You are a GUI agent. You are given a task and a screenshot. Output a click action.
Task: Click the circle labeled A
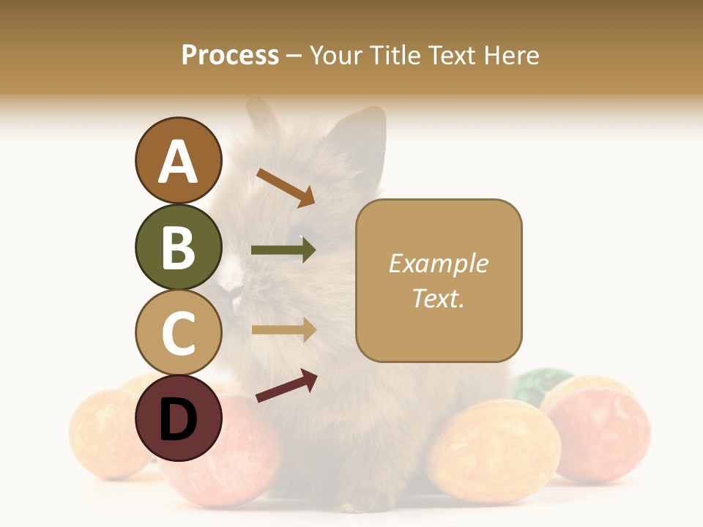click(x=178, y=160)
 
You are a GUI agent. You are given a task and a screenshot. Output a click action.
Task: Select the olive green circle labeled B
click(x=178, y=247)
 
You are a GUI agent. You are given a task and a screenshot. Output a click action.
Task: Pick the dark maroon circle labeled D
click(x=178, y=418)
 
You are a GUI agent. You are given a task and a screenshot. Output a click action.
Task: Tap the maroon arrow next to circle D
click(x=286, y=386)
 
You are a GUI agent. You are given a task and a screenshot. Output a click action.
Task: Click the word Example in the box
click(x=438, y=263)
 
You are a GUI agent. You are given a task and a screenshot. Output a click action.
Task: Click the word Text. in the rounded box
click(x=438, y=298)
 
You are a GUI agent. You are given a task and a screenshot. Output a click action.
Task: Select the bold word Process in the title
click(x=230, y=55)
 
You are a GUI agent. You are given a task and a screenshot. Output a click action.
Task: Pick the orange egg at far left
click(x=106, y=432)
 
